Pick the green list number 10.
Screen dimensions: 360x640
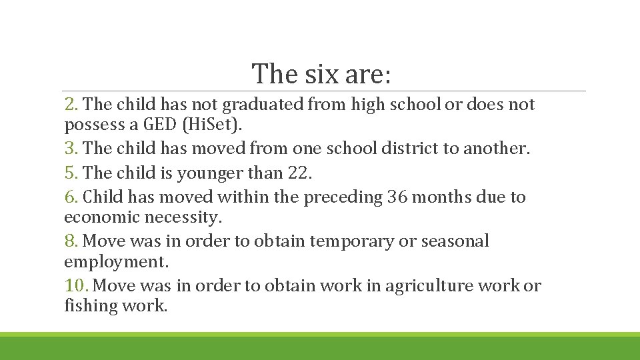77,286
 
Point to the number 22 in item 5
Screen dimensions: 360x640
299,173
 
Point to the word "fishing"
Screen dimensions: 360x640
89,306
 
